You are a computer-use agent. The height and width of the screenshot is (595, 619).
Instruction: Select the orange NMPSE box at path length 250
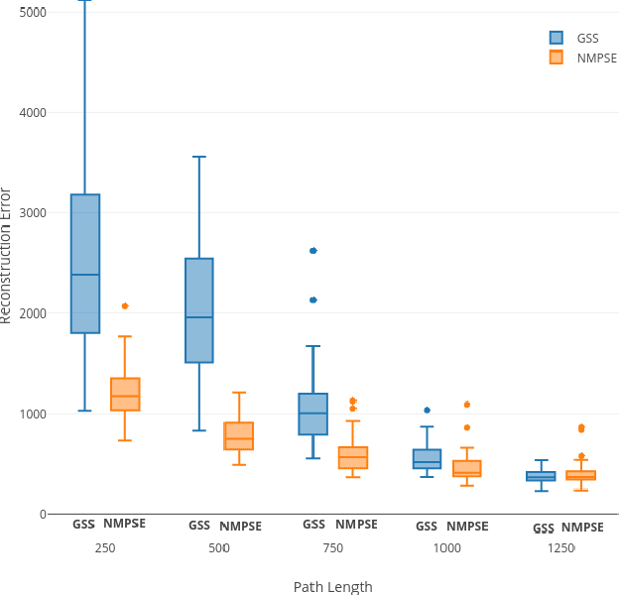coord(125,394)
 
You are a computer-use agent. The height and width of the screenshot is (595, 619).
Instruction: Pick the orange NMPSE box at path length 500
coord(239,435)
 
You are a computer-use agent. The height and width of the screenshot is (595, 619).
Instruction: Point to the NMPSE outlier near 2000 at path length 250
coord(125,306)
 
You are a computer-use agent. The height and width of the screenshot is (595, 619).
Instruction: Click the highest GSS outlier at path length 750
coord(313,251)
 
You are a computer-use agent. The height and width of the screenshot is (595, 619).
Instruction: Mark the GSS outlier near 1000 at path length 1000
coord(428,410)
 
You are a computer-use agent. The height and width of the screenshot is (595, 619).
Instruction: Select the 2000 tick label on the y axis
coord(33,313)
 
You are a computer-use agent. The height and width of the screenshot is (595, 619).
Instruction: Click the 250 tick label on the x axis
coord(105,547)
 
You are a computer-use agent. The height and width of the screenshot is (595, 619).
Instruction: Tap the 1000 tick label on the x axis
coord(447,547)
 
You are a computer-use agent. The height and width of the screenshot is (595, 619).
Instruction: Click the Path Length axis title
coord(332,586)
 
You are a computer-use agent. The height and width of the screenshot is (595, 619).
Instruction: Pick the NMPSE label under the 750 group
coord(356,525)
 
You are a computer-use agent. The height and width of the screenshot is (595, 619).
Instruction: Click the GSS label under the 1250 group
coord(541,528)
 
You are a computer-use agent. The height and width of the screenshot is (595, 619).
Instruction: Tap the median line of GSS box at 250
coord(84,275)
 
